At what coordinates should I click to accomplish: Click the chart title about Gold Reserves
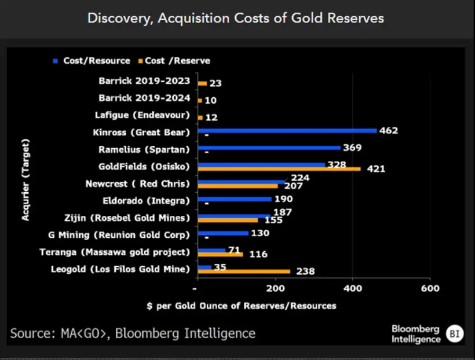coord(235,18)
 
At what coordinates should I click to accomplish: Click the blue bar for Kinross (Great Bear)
coord(287,131)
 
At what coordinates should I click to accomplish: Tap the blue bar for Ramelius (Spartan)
coord(269,148)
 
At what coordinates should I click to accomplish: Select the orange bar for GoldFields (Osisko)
coord(279,169)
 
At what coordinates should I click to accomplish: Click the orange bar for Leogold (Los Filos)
coord(243,271)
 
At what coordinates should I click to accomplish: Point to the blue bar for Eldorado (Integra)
coord(234,199)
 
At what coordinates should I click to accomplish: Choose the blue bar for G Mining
coord(222,233)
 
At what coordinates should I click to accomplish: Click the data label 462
coord(389,131)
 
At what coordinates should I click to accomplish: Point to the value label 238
coord(304,271)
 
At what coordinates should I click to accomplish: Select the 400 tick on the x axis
coord(352,288)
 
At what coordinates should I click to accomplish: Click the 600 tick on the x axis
coord(430,288)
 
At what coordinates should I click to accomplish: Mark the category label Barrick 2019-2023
coord(144,83)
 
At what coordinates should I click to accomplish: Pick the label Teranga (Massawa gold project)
coord(115,252)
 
